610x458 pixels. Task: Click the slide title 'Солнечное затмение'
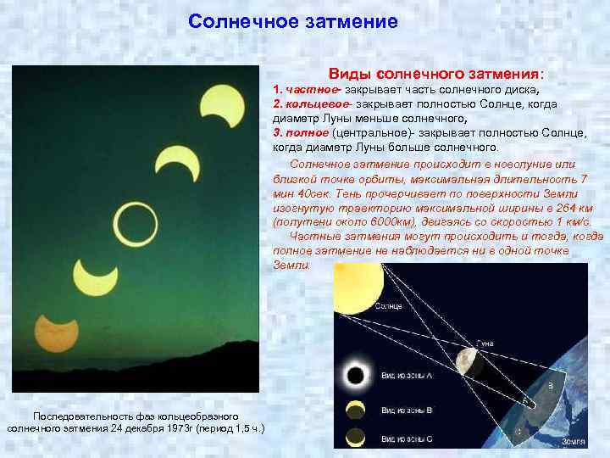click(292, 21)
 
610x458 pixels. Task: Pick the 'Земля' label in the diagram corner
click(573, 442)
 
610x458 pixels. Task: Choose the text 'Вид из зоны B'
click(407, 411)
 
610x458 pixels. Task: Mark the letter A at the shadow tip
click(526, 398)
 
